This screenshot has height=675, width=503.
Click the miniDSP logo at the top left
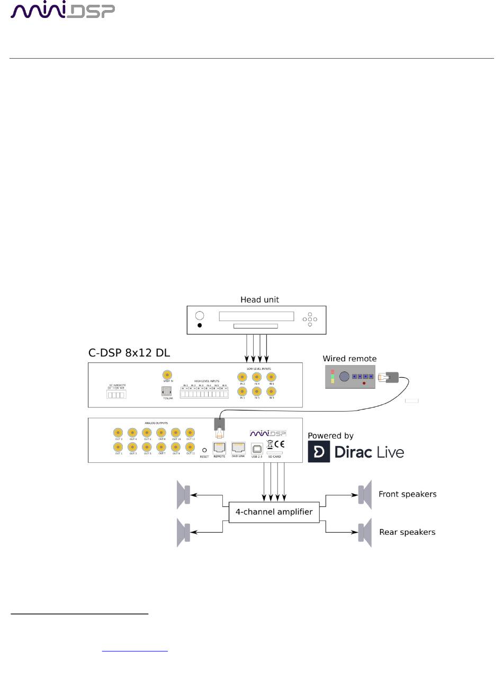tap(62, 11)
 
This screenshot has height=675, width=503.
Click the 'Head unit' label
tap(259, 299)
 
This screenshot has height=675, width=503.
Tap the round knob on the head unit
tap(200, 316)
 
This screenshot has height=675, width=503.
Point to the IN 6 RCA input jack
tap(271, 377)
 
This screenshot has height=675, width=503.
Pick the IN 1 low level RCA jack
tap(242, 391)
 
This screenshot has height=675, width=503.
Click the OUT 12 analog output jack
tap(190, 433)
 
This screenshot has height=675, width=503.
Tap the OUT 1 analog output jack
tap(118, 447)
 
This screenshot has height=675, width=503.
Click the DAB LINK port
tap(238, 448)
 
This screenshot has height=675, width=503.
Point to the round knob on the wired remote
tap(344, 377)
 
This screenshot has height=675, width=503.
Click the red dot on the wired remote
tap(363, 382)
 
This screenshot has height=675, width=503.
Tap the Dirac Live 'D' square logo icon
tap(319, 452)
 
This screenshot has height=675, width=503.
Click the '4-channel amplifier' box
tap(274, 512)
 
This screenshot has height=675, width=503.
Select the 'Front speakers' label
tap(407, 494)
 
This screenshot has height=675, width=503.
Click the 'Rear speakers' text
tap(407, 532)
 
